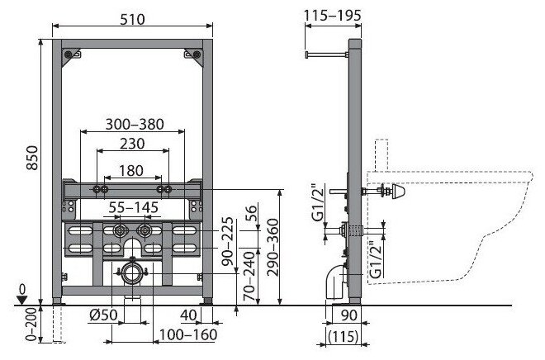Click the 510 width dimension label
(x=132, y=20)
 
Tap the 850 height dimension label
(x=32, y=158)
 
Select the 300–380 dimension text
(x=135, y=124)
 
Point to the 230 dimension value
(x=132, y=144)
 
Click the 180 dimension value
(x=131, y=171)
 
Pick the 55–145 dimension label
(x=134, y=207)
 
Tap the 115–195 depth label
(x=333, y=16)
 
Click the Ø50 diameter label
(x=103, y=315)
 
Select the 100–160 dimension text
(x=188, y=335)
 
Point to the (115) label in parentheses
(x=343, y=336)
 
